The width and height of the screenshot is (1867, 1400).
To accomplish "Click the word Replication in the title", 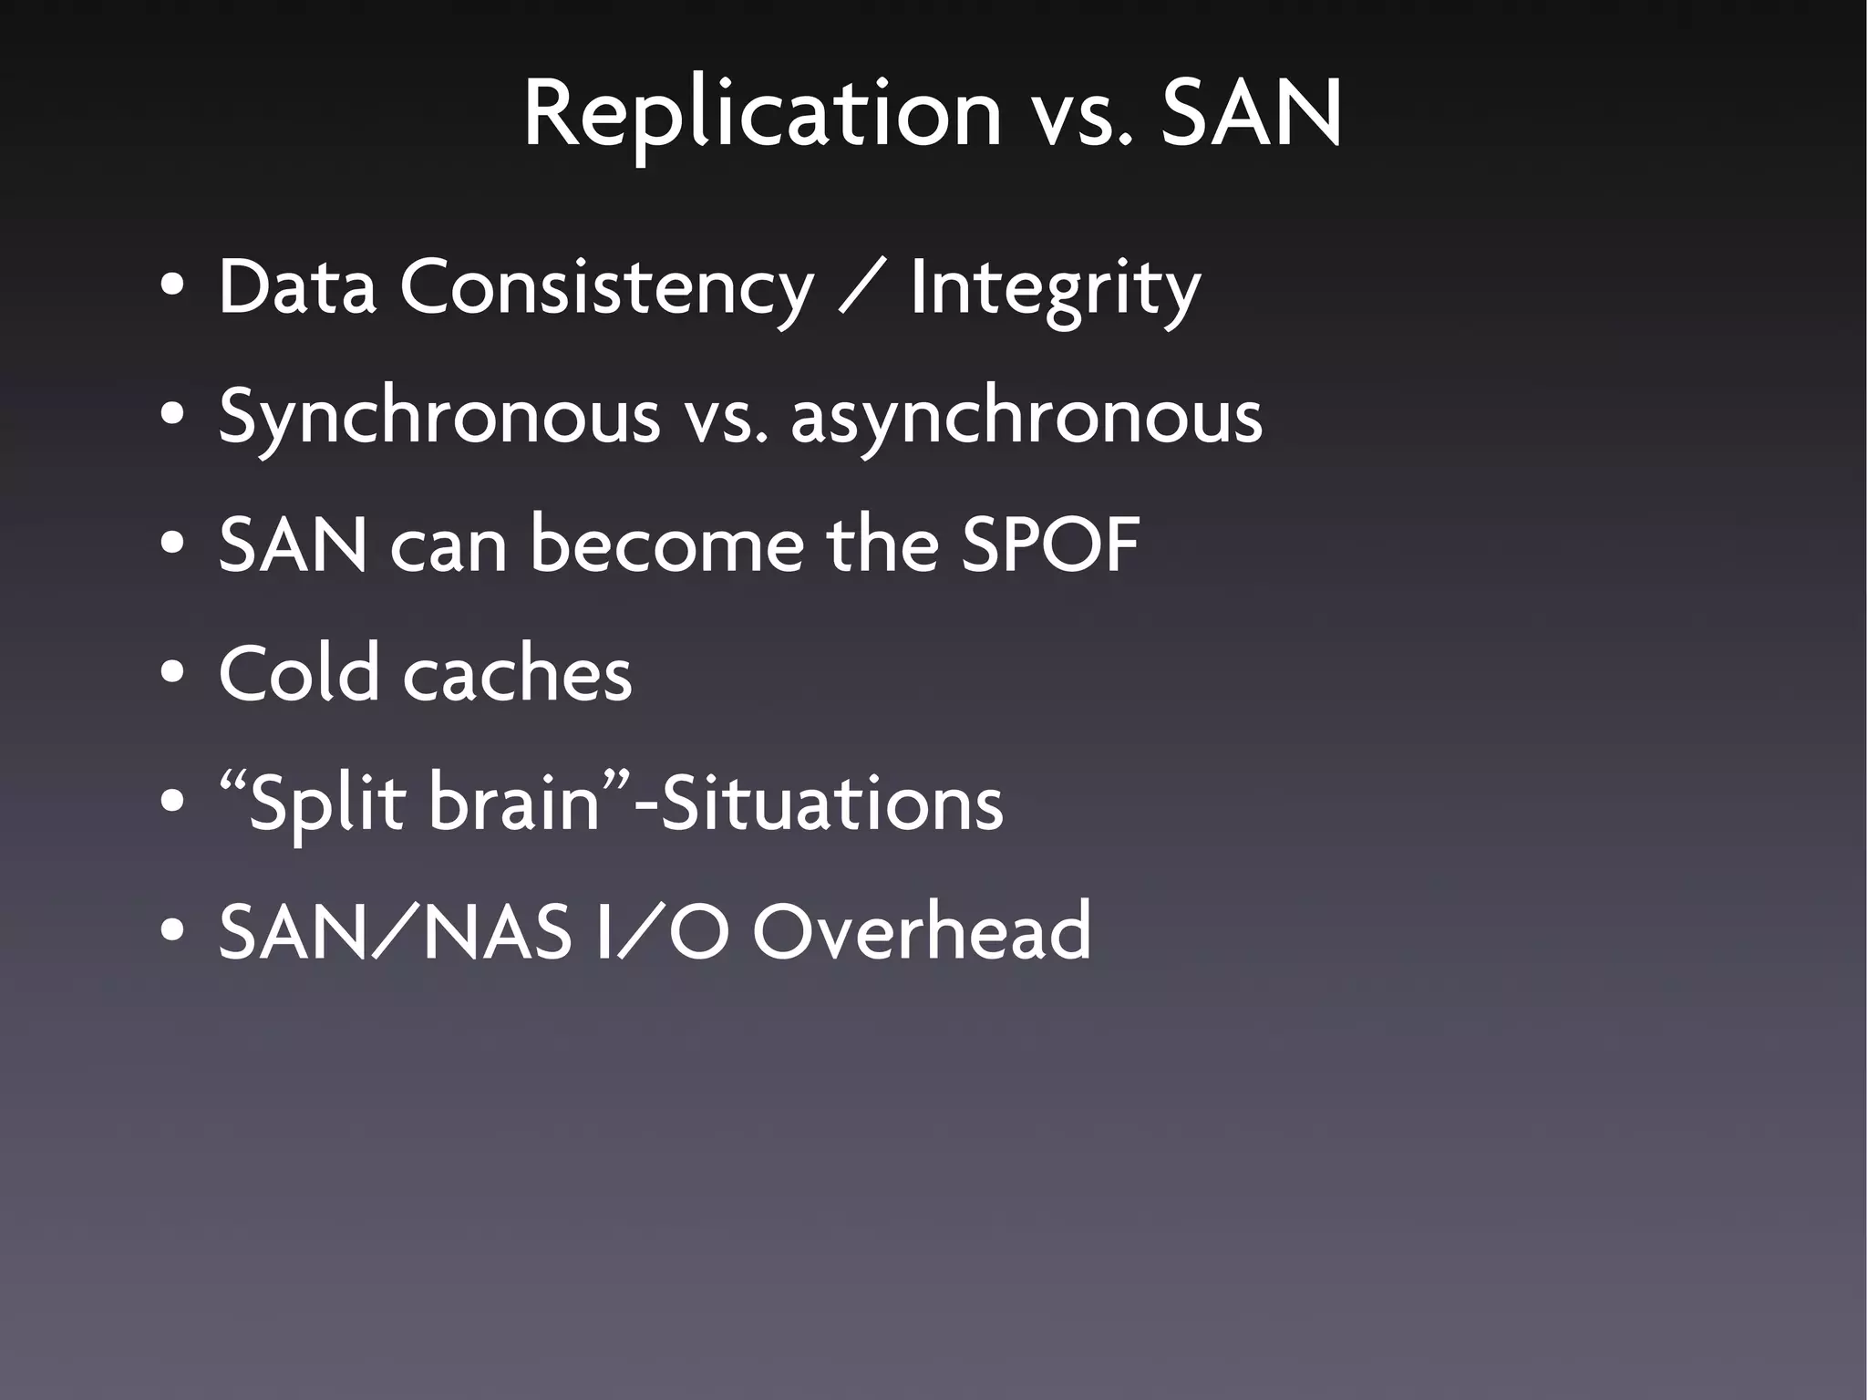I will [762, 114].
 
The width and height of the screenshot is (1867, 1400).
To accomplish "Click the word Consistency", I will [606, 288].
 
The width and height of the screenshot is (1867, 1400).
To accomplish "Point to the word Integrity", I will [1055, 288].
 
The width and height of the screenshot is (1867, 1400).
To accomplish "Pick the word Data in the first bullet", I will [297, 288].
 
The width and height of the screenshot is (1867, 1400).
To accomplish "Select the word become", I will [667, 545].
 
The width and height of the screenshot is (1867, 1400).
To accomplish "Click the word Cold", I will [298, 673].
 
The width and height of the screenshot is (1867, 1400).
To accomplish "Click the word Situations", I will [830, 803].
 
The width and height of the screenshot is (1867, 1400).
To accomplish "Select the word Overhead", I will [922, 931].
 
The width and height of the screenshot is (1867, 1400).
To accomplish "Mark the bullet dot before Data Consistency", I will [171, 288].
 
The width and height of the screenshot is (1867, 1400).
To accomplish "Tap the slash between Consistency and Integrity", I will [861, 288].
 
